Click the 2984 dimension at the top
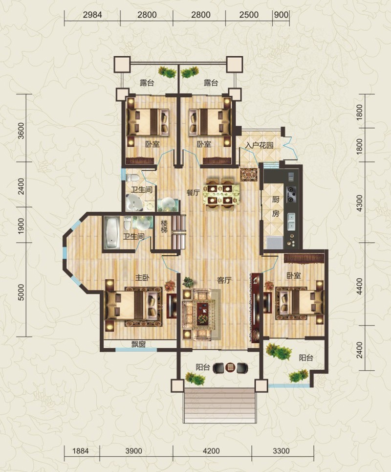92,15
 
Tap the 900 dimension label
281,15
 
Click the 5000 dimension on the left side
21,292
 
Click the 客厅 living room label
224,280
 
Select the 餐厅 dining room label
193,193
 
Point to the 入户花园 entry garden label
259,145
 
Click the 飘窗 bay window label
138,344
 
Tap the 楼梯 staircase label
164,226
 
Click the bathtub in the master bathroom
112,232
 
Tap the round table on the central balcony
230,367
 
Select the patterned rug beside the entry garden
249,174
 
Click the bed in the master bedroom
134,306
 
